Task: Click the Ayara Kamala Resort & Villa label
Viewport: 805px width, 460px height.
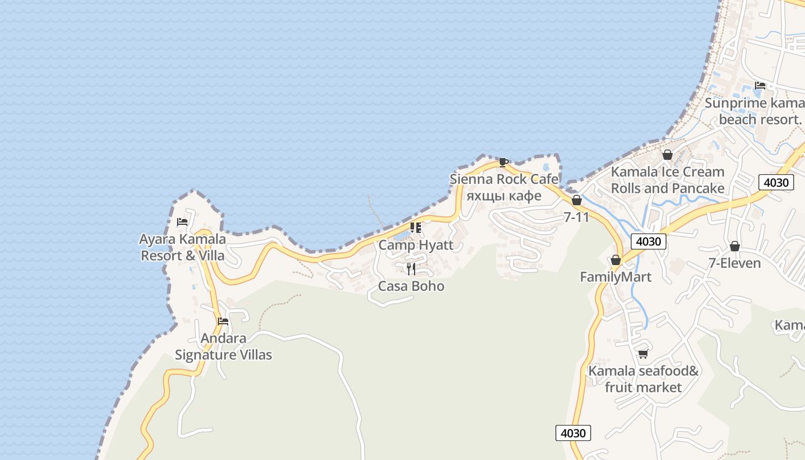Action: point(183,247)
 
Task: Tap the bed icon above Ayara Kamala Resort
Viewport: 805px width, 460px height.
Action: point(182,221)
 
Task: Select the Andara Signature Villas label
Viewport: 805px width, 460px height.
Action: point(223,346)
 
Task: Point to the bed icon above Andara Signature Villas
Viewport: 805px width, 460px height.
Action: point(223,321)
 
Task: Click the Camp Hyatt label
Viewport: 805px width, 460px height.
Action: point(416,245)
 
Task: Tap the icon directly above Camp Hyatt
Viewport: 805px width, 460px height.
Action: point(415,228)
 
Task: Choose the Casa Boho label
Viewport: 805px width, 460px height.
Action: point(411,286)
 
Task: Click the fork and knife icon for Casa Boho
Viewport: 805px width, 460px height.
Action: point(411,269)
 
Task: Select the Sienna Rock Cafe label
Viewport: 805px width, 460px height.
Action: point(504,179)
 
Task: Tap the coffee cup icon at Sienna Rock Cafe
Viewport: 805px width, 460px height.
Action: point(504,162)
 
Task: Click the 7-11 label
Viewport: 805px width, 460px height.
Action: point(577,217)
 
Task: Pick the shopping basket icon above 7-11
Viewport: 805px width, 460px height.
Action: point(577,200)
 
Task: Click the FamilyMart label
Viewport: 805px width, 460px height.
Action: point(615,277)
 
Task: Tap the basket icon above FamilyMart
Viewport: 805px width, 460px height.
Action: point(616,260)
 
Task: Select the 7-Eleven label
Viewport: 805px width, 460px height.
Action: point(734,263)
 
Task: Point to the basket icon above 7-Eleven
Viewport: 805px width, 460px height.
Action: point(734,246)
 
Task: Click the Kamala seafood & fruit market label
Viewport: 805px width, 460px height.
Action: point(643,379)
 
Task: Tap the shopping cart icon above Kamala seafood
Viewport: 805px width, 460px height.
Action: point(643,354)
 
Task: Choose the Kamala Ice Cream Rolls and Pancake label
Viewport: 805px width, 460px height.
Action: point(668,180)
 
